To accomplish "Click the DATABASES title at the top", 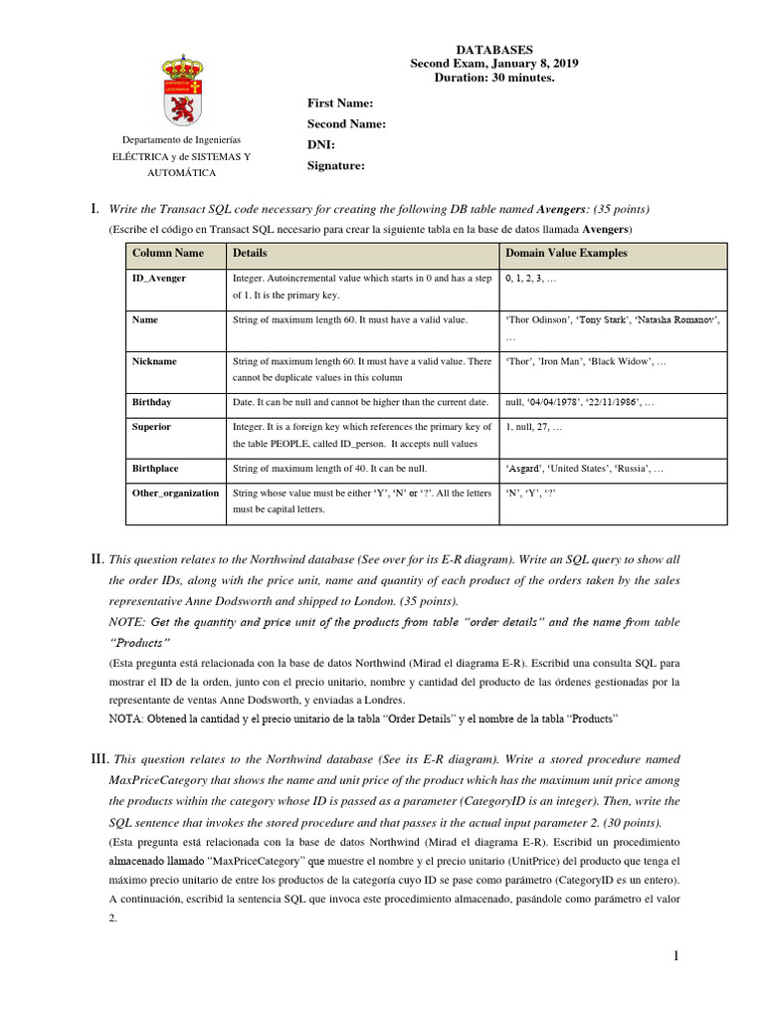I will pos(494,49).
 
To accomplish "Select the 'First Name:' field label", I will pos(340,103).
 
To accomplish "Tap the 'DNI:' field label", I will pos(321,145).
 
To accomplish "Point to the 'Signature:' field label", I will pos(337,166).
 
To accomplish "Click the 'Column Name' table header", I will pos(168,254).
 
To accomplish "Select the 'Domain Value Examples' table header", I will pos(567,254).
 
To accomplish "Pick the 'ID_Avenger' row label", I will pos(159,279).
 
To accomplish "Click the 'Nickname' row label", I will pos(154,361).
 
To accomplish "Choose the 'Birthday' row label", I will pos(152,402).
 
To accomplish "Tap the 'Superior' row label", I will pos(152,427).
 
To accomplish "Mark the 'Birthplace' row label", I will pos(156,468).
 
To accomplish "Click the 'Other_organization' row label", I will pos(175,493).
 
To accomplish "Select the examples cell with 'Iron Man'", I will pos(586,361).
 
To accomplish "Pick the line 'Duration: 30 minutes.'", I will pos(494,78).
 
